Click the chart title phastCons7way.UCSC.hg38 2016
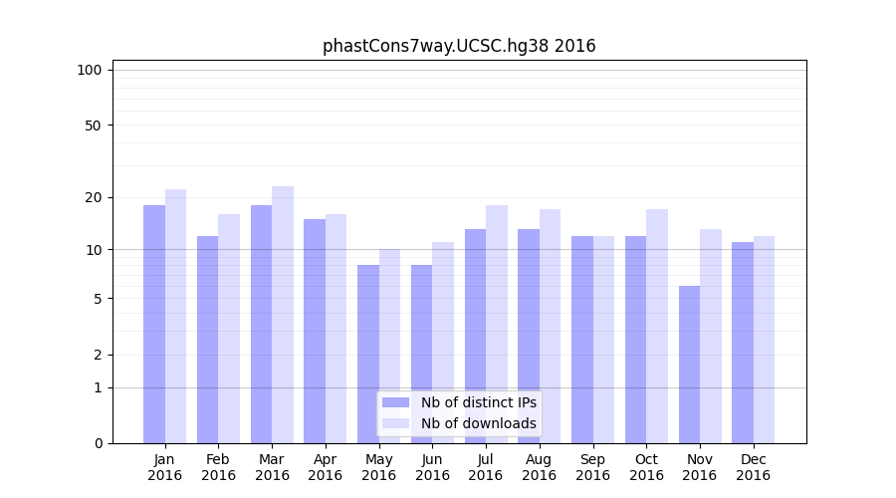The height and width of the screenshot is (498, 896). click(x=459, y=46)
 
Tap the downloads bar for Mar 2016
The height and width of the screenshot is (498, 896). click(x=283, y=315)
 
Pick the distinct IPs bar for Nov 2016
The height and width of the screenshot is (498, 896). click(x=689, y=365)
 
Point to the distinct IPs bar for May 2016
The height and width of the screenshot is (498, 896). click(x=368, y=354)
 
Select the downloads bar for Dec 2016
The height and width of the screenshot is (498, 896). click(x=764, y=340)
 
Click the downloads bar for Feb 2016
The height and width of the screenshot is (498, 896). click(x=229, y=329)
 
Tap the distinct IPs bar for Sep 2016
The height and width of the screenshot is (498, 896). click(x=582, y=340)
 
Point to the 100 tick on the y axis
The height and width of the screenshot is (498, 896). click(x=90, y=70)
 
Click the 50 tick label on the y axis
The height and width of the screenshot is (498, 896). click(x=93, y=125)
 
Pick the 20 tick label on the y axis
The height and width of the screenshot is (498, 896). click(x=93, y=197)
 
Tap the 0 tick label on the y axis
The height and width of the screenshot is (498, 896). click(x=98, y=443)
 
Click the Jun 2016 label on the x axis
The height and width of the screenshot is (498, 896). click(x=432, y=467)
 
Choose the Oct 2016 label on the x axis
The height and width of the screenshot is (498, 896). click(x=646, y=467)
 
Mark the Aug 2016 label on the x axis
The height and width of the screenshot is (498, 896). click(x=540, y=467)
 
